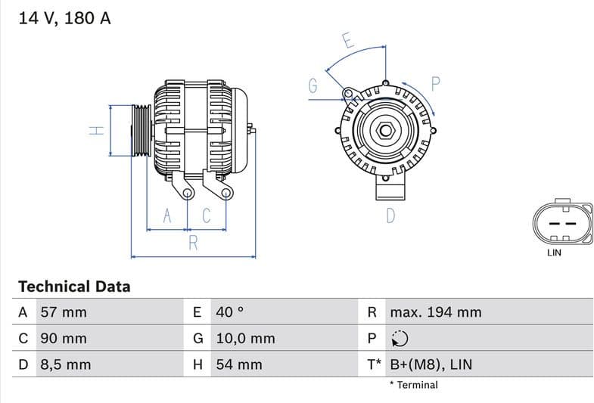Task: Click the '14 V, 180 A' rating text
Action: pos(64,19)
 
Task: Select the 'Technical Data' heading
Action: pos(73,287)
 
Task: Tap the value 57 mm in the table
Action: pos(63,312)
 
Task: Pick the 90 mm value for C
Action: pos(63,339)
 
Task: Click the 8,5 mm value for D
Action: pos(65,364)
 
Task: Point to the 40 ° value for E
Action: pos(230,312)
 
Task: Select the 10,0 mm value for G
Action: pos(245,339)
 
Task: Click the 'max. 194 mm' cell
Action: pos(435,312)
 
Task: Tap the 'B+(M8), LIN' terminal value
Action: pos(431,364)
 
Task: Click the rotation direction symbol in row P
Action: pos(400,339)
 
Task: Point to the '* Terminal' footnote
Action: pos(413,385)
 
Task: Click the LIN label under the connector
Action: pos(554,253)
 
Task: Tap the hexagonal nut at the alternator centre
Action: pos(385,131)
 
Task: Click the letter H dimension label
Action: pos(95,130)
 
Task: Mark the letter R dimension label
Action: pos(193,243)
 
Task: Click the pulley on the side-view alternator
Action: pos(142,131)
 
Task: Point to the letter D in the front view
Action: pos(390,216)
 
